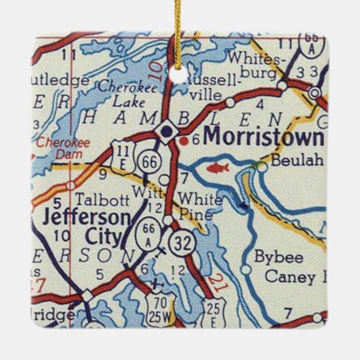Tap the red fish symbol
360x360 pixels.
(218, 167)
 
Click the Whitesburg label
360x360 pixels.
(258, 65)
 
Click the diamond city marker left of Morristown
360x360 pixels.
(166, 131)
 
